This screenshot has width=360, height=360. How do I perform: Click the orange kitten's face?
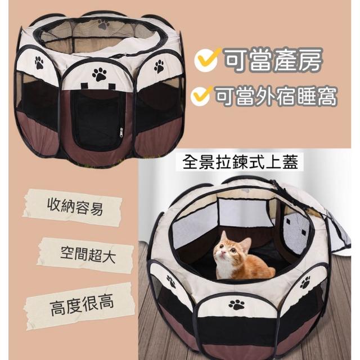coord(226,250)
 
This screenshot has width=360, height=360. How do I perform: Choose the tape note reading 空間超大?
coord(86,254)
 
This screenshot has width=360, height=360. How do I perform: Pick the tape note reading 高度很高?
coord(80,305)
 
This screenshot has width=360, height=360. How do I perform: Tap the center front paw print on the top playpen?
coord(100,74)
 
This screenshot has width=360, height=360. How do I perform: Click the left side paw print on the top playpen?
coord(39,62)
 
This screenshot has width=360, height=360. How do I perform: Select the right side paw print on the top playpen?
coord(159,66)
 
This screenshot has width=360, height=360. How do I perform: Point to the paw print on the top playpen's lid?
coord(103,24)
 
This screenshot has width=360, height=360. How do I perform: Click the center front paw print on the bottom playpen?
coord(237,305)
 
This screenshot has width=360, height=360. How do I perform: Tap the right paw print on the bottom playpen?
coord(305,282)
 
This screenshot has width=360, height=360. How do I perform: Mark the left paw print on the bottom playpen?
coord(171,281)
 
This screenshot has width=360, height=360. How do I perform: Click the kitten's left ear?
coord(224,236)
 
